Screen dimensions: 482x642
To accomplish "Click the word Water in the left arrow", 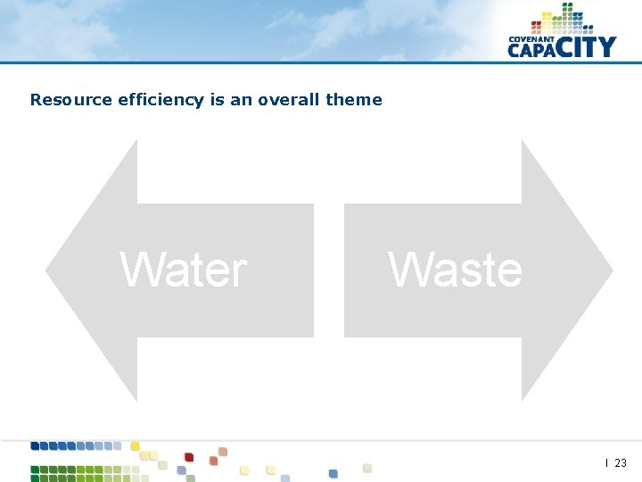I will click(x=184, y=270).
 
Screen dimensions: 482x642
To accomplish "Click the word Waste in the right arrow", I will click(x=456, y=270).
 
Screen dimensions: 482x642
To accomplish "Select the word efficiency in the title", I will click(x=161, y=100).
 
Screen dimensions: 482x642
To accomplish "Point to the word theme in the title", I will click(x=354, y=100).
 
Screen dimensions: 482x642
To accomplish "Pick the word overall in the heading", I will click(x=289, y=100).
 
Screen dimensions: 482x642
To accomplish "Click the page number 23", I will click(x=621, y=462).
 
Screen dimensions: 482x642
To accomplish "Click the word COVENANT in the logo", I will click(x=531, y=39).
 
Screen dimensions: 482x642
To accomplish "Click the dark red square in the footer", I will click(x=189, y=457).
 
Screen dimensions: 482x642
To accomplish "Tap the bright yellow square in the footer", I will click(x=136, y=445).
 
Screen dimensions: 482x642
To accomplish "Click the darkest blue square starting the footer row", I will click(x=36, y=445).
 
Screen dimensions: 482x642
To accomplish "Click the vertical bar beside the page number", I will click(x=607, y=462).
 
